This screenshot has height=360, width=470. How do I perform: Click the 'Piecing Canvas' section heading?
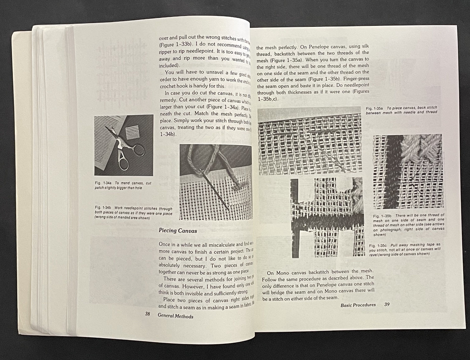[177, 231]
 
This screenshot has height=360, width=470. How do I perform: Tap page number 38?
[147, 314]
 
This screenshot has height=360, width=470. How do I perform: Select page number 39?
[387, 305]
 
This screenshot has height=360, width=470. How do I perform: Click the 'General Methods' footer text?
[175, 316]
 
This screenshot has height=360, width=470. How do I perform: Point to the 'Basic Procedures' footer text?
[358, 305]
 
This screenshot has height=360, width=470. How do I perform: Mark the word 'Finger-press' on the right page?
[356, 79]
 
